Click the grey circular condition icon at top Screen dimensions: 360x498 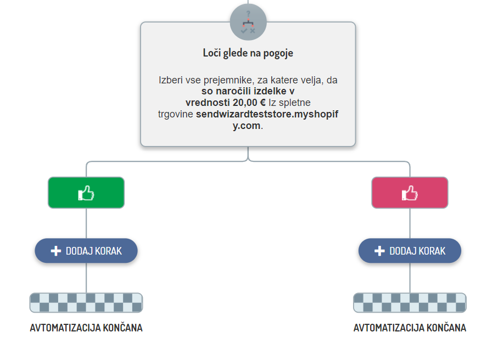coord(248,22)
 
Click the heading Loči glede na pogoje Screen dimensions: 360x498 coord(248,53)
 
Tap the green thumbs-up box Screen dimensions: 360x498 coord(86,193)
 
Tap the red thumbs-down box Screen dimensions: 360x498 coord(410,193)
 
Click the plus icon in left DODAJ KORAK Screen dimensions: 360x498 coord(55,251)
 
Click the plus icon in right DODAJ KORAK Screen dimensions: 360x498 coord(379,251)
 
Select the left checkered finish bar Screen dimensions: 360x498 coord(86,302)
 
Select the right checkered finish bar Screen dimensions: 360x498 coord(410,302)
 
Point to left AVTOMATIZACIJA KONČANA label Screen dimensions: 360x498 coord(86,328)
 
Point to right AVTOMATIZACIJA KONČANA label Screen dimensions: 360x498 coord(410,328)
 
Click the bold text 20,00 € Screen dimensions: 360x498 coord(249,103)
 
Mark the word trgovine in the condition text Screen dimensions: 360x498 coord(175,114)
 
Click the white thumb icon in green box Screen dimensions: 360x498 coord(86,193)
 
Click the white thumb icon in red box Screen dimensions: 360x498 coord(410,193)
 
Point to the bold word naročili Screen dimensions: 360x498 coord(233,91)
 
